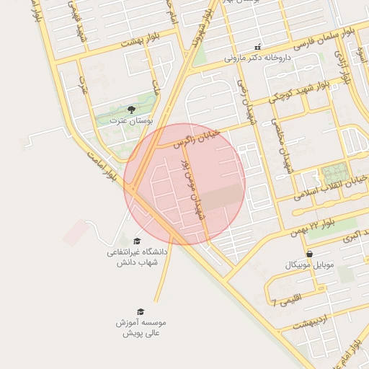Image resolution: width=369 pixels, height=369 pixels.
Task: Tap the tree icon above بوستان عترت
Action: (x=131, y=109)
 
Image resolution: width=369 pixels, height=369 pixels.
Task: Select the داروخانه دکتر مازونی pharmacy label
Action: (x=252, y=56)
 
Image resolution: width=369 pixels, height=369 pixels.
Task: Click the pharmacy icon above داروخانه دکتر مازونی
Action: (x=257, y=46)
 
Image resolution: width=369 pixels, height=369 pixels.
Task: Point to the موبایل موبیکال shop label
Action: (x=311, y=265)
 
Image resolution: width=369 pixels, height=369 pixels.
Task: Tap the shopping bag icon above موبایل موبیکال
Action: (x=309, y=254)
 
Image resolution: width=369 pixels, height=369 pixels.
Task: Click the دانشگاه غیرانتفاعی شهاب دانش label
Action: (x=137, y=257)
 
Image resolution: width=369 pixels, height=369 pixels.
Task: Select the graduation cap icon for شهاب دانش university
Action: (x=137, y=241)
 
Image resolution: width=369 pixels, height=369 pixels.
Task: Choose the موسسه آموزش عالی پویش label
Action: (x=141, y=328)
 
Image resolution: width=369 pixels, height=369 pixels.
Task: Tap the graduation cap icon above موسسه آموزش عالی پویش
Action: (x=141, y=311)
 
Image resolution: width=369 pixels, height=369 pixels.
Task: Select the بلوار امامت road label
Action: (x=100, y=165)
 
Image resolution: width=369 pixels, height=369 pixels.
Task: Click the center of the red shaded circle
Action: (x=184, y=184)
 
